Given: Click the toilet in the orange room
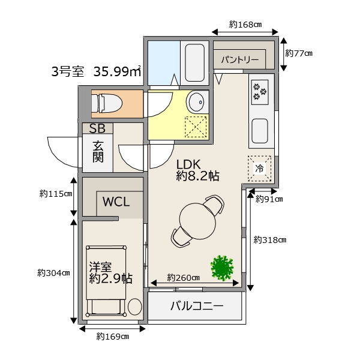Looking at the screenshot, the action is [107, 104].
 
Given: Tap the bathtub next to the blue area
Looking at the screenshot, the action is [194, 62].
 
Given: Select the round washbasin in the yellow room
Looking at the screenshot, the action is [197, 102].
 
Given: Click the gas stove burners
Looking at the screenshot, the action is [260, 92].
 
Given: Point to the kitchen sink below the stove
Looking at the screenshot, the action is [260, 131].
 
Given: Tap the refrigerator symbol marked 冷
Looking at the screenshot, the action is [259, 169].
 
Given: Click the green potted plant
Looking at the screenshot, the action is [222, 268].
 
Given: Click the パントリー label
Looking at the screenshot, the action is [240, 60].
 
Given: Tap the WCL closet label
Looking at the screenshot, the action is [116, 202].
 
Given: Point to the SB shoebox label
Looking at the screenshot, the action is [97, 128].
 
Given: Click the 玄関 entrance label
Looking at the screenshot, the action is [98, 152].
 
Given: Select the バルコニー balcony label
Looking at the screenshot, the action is [197, 306].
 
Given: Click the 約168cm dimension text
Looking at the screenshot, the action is [245, 25].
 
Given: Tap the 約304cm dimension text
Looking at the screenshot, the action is [53, 273].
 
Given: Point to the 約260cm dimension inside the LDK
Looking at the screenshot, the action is [183, 278].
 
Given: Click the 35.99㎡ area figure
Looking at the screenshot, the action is [117, 71].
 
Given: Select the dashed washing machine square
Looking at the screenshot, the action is [196, 127].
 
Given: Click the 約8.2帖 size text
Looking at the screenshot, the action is [198, 176].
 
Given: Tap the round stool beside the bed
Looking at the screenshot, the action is [135, 307].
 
